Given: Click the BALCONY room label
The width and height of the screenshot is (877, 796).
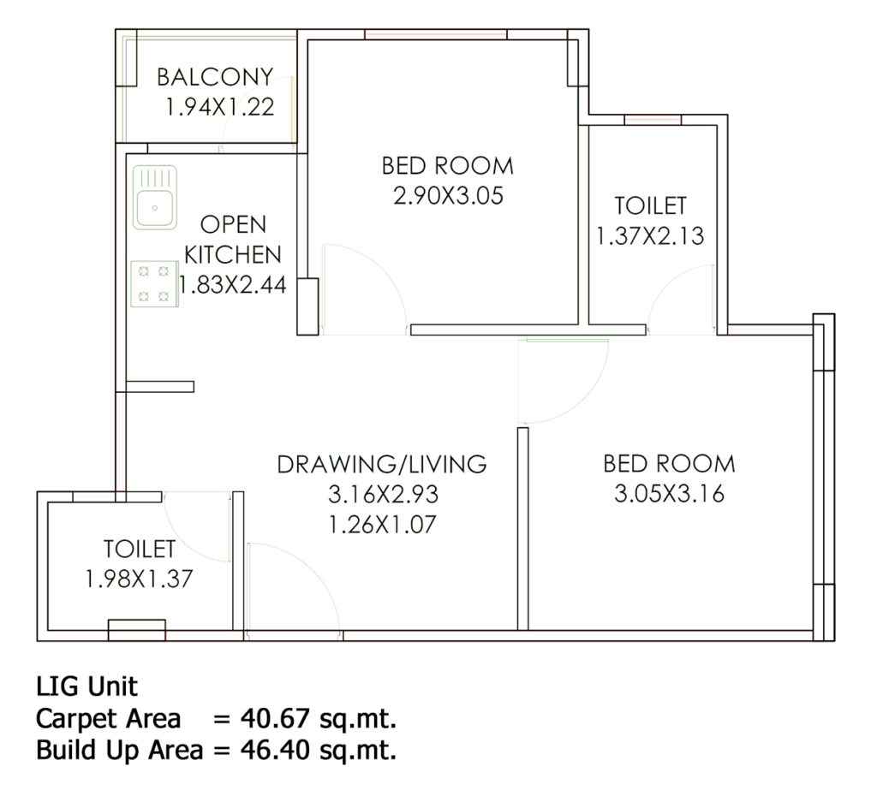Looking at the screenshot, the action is pos(215,77).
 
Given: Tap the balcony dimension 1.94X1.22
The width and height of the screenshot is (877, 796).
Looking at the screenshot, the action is pos(220,107).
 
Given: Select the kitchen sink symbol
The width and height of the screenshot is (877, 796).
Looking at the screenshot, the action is pos(155,198).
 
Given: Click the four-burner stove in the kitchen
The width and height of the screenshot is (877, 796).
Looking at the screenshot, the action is pos(154,284).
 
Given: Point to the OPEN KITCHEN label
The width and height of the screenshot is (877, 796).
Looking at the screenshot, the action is pos(233,240).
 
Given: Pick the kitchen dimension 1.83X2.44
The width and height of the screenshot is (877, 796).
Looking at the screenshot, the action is pos(233,285).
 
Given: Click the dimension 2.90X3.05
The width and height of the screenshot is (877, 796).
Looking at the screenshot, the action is pos(449,196).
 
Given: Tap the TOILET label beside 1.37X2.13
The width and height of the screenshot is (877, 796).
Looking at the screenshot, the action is pos(651,205).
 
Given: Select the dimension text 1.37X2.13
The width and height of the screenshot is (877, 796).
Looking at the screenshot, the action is pos(650,236).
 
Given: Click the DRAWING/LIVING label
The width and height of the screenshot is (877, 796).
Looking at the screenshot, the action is pos(382,465).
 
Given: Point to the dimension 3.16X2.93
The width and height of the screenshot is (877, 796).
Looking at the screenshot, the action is pos(383,494).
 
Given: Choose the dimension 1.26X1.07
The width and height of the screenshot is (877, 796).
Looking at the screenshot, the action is pos(382,525).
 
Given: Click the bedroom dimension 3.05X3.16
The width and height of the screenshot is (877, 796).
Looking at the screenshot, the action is pos(670,494).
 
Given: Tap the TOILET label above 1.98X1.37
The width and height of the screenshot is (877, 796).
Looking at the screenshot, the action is pos(140,549).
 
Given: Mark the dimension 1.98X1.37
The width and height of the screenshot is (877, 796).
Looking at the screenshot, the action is pos(139,579).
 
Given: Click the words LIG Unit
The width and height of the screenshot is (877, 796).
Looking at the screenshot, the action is pos(87,686).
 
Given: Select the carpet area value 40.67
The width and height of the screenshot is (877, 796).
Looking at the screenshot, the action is pos(275,719).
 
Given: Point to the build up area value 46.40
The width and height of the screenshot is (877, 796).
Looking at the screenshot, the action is pos(275,750).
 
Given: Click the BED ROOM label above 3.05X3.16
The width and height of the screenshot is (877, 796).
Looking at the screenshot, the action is pos(670,464).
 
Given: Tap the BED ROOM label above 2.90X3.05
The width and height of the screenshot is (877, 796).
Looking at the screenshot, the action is pos(448,166).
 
